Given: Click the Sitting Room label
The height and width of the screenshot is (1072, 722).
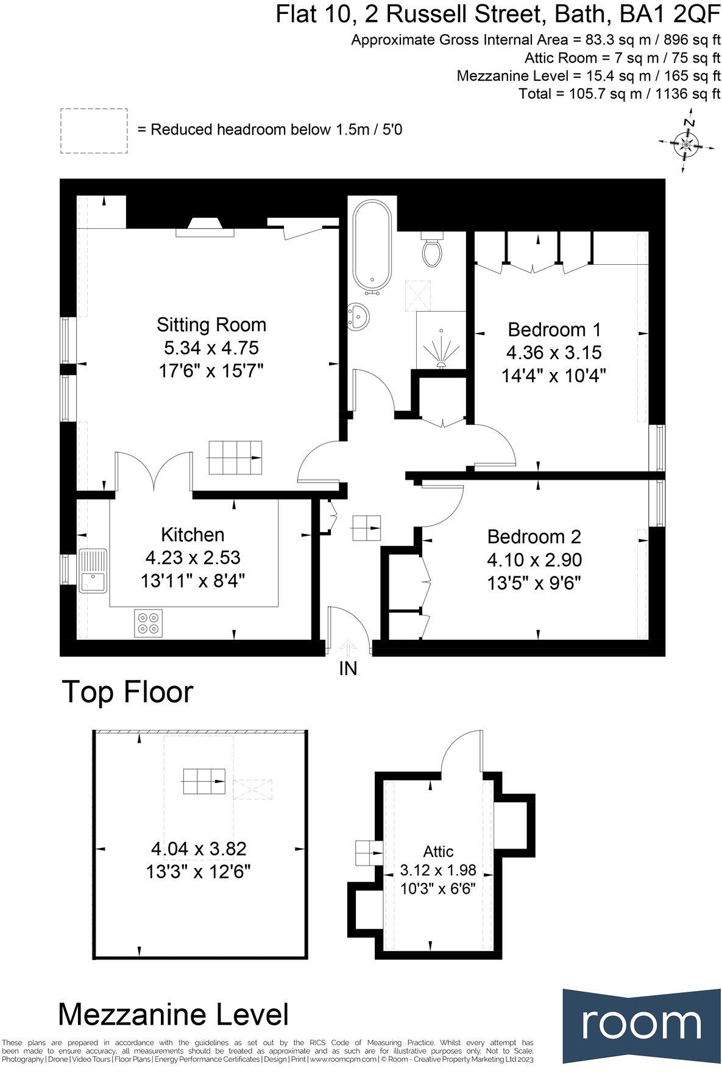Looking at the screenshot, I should (211, 324).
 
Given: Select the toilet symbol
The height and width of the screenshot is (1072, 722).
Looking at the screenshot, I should (433, 250).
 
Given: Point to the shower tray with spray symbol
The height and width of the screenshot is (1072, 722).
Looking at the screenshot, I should (441, 341).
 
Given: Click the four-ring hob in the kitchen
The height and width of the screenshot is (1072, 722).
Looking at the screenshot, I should (149, 623).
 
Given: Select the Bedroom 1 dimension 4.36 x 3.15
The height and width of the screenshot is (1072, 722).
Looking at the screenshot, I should (554, 352).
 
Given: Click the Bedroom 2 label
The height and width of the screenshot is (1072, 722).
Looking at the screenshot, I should (534, 536).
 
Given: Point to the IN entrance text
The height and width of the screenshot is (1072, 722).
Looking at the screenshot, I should (347, 668).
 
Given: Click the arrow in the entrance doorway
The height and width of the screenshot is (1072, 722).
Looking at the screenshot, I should (347, 646).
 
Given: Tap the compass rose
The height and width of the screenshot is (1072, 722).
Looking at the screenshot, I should (687, 144).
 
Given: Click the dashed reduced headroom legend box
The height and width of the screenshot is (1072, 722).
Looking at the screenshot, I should (94, 131).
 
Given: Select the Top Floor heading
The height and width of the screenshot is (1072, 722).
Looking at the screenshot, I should (127, 692).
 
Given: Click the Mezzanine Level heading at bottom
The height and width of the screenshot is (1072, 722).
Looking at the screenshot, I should (173, 1015).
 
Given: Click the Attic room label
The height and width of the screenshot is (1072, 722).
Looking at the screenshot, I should (438, 851).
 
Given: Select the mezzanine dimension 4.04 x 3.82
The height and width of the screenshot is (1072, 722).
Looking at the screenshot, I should (199, 848).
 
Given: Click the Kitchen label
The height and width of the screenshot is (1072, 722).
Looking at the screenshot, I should (193, 534).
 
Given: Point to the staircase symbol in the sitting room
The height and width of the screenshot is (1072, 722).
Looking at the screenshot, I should (236, 457).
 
